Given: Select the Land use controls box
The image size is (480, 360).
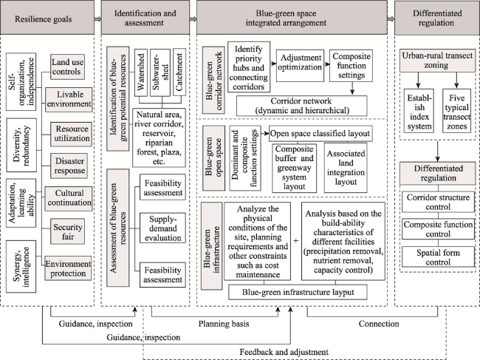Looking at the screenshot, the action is tap(67, 67).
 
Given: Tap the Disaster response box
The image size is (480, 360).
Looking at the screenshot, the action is tap(69, 166).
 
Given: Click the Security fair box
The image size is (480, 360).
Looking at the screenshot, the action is tap(67, 231).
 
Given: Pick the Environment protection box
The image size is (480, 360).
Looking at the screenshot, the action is tap(68, 268).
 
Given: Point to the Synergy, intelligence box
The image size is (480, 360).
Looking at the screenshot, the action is tap(21, 267).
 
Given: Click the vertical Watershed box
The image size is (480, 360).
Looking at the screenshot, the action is tap(141, 72).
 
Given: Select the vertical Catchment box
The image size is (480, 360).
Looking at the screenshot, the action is tap(179, 72).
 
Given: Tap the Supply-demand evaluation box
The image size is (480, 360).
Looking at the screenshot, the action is tap(162, 228).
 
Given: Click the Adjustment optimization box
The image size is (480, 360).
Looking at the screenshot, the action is tap(300, 66).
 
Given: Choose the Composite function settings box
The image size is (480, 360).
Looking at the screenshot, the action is tap(351, 66).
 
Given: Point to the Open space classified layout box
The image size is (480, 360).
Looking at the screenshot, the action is tap(320, 134).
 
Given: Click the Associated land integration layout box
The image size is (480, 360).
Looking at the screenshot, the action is tap(346, 168).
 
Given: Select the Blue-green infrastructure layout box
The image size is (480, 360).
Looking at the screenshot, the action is tap(298, 292).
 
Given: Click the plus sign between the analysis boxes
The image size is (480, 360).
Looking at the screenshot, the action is tap(295, 241).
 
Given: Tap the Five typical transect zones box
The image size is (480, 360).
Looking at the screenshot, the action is tap(456, 111).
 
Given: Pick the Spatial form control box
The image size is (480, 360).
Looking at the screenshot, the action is tap(438, 257).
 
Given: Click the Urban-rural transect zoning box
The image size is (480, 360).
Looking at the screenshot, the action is tap(437, 61).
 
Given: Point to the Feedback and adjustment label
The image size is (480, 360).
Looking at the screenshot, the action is tap(284, 352).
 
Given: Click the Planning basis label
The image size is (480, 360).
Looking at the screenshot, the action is tap(224, 324).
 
